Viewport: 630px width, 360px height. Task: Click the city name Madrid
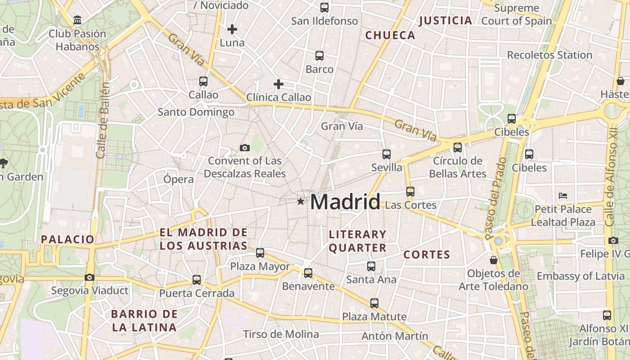pos(345,202)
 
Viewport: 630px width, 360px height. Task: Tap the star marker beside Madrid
pos(301,201)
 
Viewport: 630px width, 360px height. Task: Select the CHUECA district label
pos(390,35)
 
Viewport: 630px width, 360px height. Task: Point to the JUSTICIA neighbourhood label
pos(445,20)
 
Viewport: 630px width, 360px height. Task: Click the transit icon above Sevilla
pos(386,154)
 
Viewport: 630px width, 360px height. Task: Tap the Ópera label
pos(179,179)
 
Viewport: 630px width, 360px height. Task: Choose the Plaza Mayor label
pos(260,266)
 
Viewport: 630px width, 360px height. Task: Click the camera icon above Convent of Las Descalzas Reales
pos(245,148)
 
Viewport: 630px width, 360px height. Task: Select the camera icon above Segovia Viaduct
pos(90,277)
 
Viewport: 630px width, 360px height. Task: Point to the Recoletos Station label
pos(549,55)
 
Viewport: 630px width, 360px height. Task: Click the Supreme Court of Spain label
pos(517,14)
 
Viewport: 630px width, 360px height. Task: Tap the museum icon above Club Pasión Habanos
pos(77,20)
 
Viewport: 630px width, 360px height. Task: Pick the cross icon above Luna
pos(232,30)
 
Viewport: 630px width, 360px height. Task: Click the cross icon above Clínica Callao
pos(279,84)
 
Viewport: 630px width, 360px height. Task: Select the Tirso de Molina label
pos(281,334)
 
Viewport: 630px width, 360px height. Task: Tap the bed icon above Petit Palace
pos(563,195)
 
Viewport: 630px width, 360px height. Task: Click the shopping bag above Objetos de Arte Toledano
pos(494,260)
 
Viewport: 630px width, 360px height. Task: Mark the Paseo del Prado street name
pos(495,198)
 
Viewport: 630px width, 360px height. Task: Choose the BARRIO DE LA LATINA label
pos(144,320)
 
